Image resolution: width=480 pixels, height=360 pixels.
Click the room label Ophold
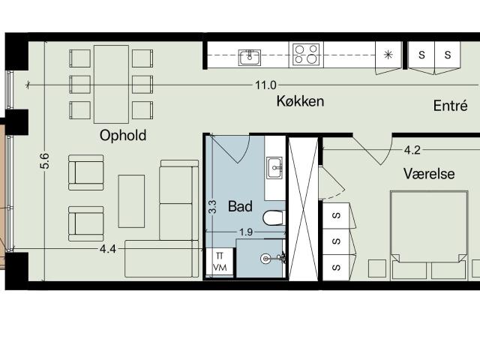pos(123,136)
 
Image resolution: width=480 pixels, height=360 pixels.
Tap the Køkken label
pos(300,101)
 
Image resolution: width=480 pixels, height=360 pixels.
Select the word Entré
pos(450,106)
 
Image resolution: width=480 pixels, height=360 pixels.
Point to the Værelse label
pos(429,173)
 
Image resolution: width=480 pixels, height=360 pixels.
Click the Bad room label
pos(240,206)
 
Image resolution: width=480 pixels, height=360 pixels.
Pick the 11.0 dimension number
pos(265,85)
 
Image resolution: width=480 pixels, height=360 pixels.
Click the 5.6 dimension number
pos(44,161)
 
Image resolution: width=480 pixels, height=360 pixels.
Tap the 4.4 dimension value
pos(108,249)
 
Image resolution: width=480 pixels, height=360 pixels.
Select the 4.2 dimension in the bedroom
pos(412,150)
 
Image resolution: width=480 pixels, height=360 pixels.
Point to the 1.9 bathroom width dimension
pos(246,232)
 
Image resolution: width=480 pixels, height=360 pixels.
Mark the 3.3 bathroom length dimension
pos(212,207)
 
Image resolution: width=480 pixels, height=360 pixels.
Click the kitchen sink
pos(250,58)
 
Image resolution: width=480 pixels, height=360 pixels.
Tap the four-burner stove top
pos(306,55)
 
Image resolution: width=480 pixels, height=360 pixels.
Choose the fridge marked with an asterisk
pos(388,55)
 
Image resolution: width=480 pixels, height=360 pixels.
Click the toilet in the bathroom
pos(274,218)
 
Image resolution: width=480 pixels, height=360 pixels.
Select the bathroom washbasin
pos(274,167)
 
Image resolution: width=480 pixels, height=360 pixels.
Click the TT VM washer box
pos(220,262)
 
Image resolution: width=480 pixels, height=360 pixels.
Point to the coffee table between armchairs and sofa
pos(131,201)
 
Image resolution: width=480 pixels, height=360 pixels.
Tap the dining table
pos(111,84)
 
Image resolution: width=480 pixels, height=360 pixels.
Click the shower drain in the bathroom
pos(265,259)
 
